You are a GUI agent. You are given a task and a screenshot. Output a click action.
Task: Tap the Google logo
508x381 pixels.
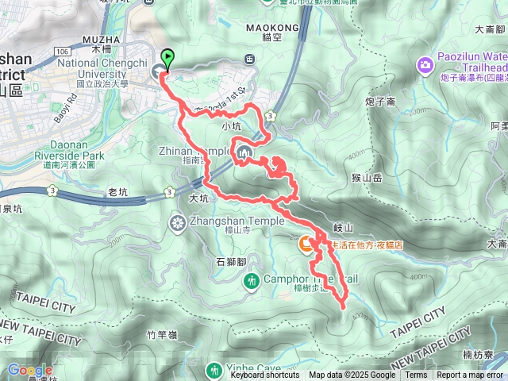29,370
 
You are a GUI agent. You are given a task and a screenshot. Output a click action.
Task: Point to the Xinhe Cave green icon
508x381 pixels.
214,369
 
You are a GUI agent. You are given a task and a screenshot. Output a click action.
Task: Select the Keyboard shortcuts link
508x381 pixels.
264,375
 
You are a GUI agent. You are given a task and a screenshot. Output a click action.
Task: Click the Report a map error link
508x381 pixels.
470,375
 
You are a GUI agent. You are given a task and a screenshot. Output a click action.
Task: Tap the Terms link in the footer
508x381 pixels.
416,375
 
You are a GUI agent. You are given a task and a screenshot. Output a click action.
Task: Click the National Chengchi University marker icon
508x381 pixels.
159,72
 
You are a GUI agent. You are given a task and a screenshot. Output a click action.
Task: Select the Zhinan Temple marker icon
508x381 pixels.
242,152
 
